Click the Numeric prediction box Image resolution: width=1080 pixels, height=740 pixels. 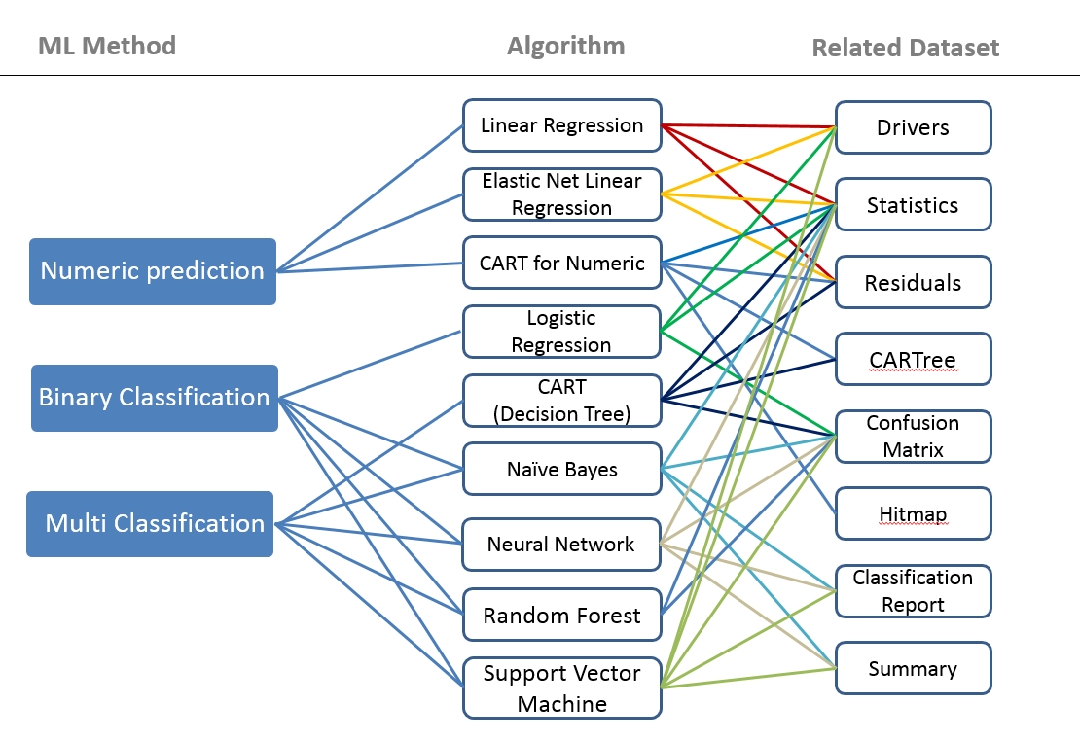[153, 271]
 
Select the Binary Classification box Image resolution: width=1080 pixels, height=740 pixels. [154, 398]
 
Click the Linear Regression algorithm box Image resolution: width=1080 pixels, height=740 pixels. [562, 125]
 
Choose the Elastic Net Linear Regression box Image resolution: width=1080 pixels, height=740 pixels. [562, 194]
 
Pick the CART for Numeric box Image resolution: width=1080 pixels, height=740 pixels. [562, 263]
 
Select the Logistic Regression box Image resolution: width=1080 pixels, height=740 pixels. [562, 332]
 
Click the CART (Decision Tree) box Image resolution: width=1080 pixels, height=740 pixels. [562, 401]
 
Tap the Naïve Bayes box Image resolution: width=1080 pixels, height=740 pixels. [562, 470]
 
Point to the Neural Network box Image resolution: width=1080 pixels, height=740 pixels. [562, 545]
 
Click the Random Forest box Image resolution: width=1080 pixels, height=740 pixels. [562, 616]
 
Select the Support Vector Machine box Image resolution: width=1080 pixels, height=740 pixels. [562, 688]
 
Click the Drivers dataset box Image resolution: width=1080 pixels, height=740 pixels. [913, 127]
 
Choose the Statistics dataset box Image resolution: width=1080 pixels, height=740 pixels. [913, 205]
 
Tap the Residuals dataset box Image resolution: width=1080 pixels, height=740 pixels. [913, 283]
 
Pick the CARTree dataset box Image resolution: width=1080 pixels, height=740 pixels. [913, 360]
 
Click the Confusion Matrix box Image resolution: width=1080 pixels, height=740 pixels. [913, 437]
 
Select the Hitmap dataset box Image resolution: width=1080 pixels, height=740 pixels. [913, 513]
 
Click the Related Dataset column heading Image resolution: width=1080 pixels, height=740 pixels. [906, 48]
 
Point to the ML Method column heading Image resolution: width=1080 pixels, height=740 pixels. [107, 46]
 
